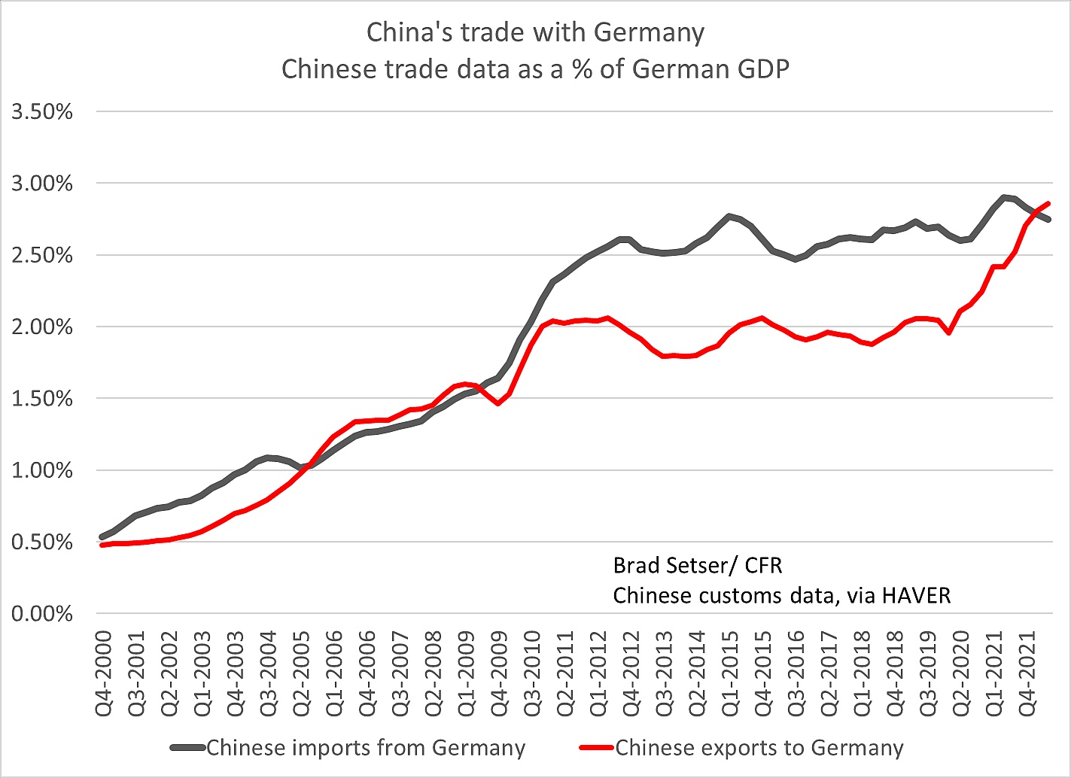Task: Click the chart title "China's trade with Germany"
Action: [x=535, y=32]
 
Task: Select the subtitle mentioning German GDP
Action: [x=535, y=69]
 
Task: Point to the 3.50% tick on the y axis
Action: [x=42, y=112]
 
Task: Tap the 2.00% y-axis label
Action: [x=42, y=327]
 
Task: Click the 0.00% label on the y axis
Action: [x=42, y=614]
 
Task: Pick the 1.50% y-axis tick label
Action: [x=42, y=399]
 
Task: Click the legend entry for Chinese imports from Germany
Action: [x=366, y=748]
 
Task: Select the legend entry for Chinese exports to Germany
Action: [x=759, y=748]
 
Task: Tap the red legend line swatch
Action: [x=597, y=748]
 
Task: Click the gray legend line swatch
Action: [x=188, y=748]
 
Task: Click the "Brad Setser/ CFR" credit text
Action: [x=698, y=565]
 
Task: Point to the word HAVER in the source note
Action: [x=916, y=595]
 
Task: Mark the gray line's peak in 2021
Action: [x=1005, y=197]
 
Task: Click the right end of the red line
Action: [x=1048, y=203]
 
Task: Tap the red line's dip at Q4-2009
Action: [x=498, y=404]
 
